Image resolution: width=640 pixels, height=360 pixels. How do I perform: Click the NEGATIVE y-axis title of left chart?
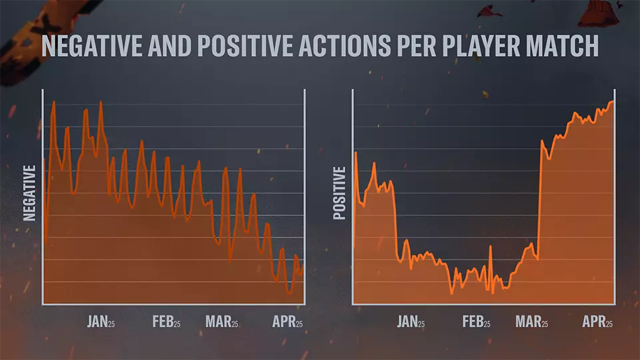point(29,193)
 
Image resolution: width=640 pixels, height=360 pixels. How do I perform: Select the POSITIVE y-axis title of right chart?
point(339,193)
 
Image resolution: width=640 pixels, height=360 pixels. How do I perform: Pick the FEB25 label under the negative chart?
point(167,322)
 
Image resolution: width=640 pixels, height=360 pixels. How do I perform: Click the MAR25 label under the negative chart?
point(221,322)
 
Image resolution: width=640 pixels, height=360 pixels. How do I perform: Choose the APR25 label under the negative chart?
point(287,322)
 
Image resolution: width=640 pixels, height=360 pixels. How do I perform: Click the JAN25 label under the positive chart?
point(411,322)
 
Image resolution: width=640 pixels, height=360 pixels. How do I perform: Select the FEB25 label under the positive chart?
point(477,322)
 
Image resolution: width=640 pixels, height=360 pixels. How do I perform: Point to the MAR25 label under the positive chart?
point(531,322)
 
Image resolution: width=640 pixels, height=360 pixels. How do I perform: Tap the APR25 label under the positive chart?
point(597,322)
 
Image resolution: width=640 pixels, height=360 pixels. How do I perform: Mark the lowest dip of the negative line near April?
point(289,292)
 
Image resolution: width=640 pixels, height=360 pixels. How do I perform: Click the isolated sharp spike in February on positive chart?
point(490,247)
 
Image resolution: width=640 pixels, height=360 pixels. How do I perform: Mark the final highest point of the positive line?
point(612,101)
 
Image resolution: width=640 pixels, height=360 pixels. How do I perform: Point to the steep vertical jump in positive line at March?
point(539,200)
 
